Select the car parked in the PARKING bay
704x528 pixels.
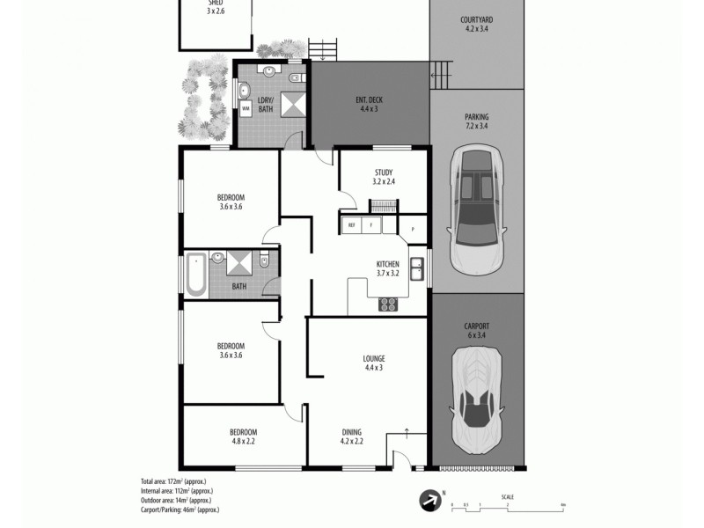point(475,210)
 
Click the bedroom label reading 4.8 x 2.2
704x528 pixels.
point(243,436)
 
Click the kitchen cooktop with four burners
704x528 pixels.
point(388,304)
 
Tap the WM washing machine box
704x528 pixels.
point(246,108)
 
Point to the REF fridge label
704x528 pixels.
point(352,225)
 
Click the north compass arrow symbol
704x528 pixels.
point(429,500)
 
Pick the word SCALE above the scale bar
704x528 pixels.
point(508,496)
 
